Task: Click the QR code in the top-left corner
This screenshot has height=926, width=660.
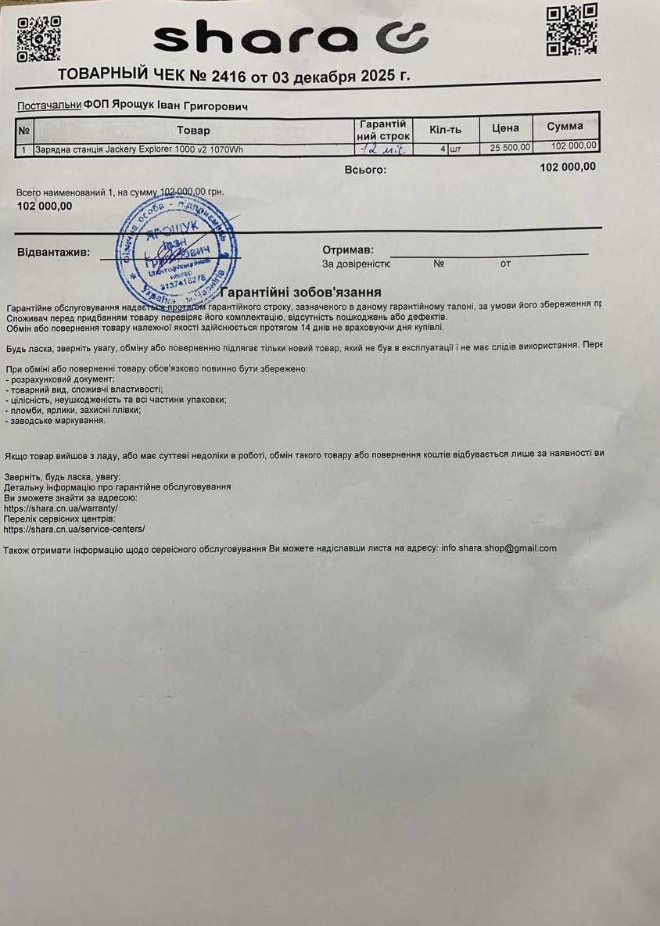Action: pyautogui.click(x=38, y=38)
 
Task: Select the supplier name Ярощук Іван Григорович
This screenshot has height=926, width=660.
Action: pyautogui.click(x=184, y=106)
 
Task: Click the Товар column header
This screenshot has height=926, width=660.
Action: pyautogui.click(x=193, y=130)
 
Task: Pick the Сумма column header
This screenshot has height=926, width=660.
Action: pyautogui.click(x=565, y=127)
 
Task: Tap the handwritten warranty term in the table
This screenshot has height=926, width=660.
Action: pyautogui.click(x=382, y=147)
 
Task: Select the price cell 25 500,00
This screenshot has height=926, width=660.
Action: pyautogui.click(x=510, y=147)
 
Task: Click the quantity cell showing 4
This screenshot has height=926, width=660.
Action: pyautogui.click(x=443, y=147)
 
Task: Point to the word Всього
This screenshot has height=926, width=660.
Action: pyautogui.click(x=365, y=169)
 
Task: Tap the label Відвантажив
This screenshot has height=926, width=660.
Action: pyautogui.click(x=53, y=253)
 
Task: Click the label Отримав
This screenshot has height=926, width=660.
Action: pyautogui.click(x=343, y=249)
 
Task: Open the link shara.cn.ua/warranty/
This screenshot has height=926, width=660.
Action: pyautogui.click(x=61, y=508)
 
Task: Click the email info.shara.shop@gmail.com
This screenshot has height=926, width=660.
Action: pyautogui.click(x=499, y=548)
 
